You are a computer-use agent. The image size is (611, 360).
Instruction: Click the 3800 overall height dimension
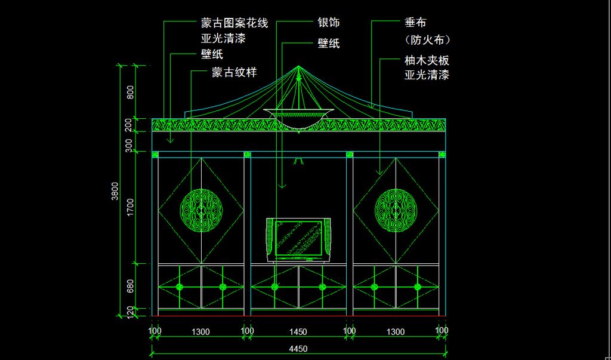115,191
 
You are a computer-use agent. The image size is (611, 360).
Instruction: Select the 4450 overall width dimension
298,349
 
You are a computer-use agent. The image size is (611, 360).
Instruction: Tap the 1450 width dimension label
298,332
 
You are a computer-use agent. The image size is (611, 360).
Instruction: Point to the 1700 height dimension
130,207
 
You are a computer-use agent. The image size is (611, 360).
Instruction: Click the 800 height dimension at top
130,92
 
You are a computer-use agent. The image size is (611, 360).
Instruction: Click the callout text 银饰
329,23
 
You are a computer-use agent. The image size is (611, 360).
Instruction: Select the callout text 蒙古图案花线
234,23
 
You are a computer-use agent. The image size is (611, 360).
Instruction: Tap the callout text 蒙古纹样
234,72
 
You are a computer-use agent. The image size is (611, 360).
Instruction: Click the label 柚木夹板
426,60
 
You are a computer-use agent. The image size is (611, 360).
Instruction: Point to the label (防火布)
427,40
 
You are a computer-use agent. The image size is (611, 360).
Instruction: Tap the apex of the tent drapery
298,67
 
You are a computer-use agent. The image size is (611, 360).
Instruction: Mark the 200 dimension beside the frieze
130,125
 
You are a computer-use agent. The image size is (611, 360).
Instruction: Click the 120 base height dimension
130,311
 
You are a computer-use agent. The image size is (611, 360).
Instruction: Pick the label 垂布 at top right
415,23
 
